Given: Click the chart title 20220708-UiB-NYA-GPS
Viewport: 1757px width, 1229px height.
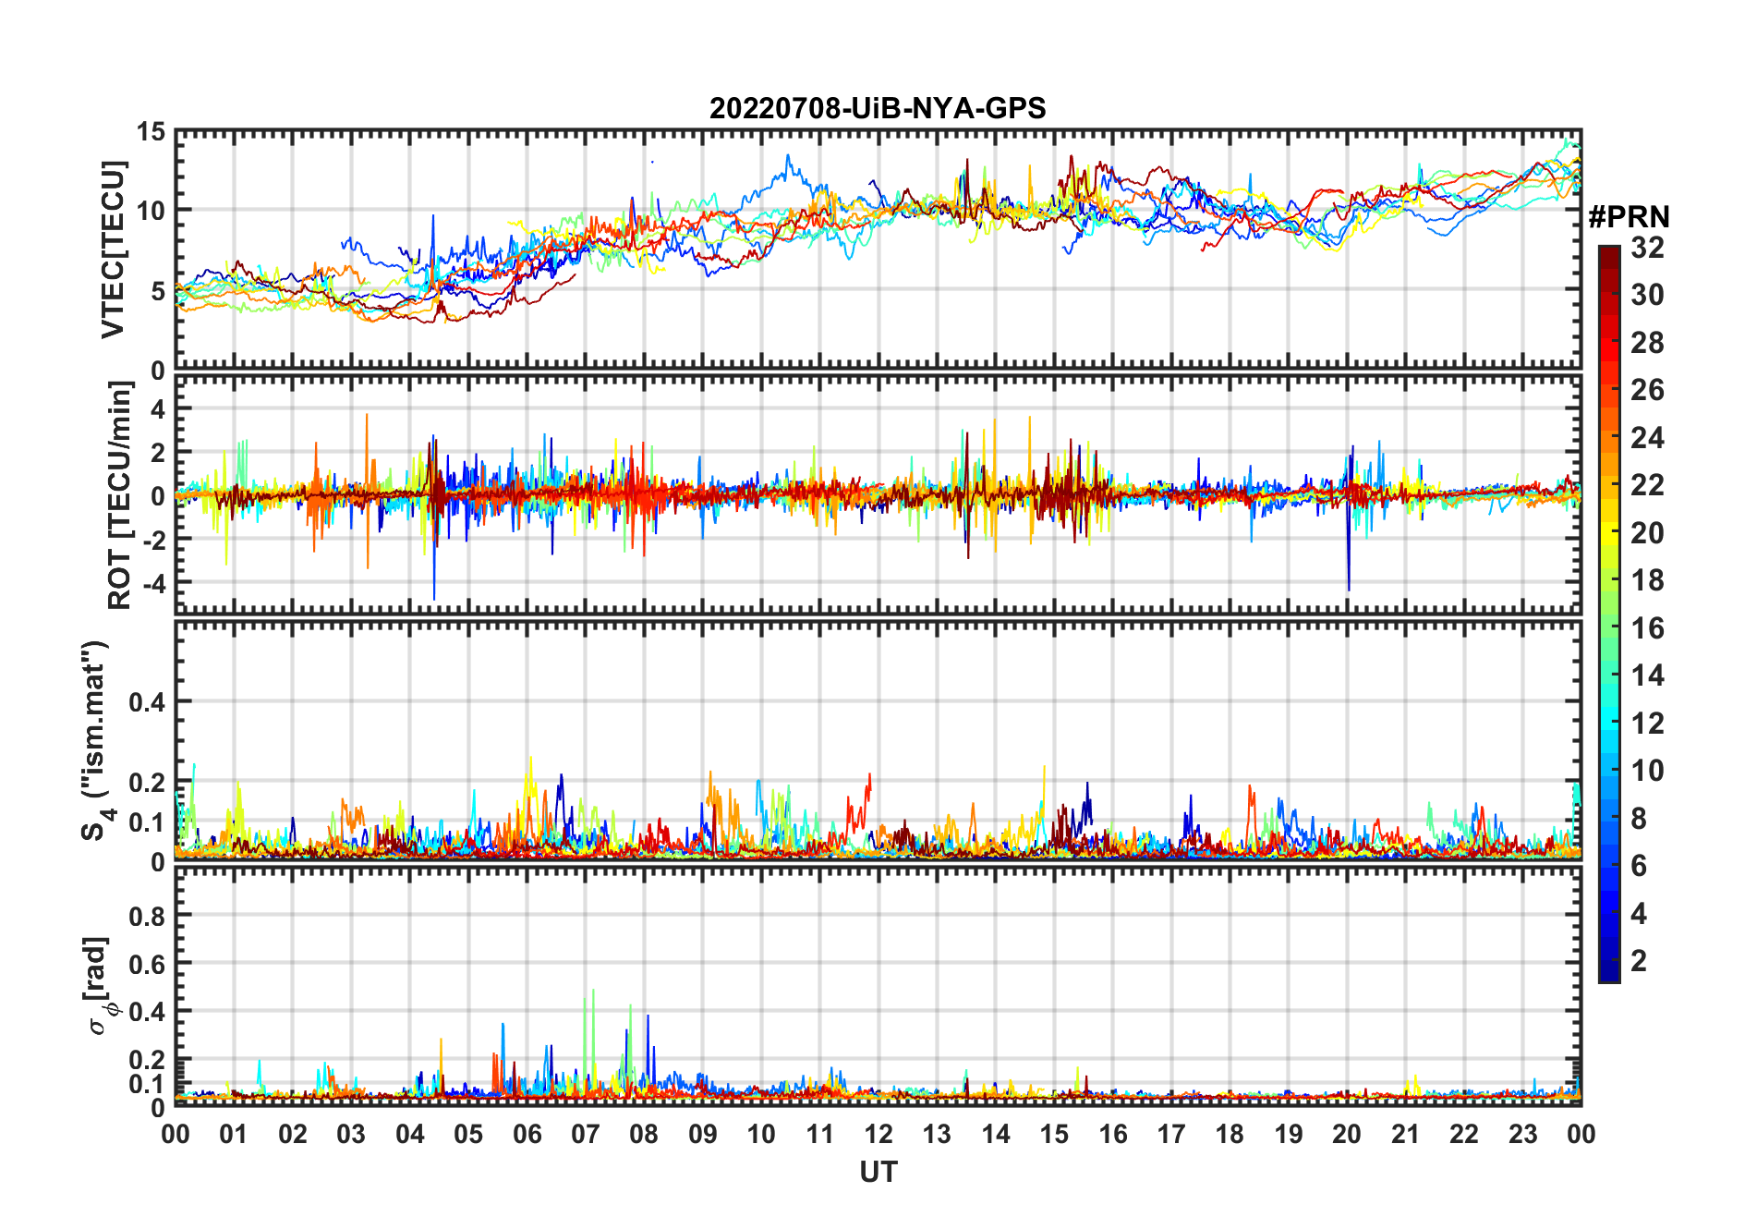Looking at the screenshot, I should (878, 109).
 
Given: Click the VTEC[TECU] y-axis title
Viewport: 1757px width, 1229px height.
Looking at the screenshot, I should (113, 249).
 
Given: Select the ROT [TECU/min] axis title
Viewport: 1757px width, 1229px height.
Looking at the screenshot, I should (120, 495).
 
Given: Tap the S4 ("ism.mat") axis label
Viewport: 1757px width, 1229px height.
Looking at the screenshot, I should (95, 741).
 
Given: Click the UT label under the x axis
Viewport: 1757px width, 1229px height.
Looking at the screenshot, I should (878, 1172).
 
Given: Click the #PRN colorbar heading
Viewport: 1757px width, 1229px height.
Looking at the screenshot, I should (1629, 217).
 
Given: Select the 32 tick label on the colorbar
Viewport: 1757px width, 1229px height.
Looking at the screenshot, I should (1647, 248).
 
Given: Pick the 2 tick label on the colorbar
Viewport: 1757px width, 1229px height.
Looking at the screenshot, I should (1639, 961).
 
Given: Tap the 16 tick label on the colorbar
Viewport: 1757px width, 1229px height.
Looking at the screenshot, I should (1647, 628).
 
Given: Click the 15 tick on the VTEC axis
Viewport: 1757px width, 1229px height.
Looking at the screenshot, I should (151, 132).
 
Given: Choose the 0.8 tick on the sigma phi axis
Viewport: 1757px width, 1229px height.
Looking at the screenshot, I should (147, 916).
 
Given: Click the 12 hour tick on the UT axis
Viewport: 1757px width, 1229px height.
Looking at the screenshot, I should (878, 1134).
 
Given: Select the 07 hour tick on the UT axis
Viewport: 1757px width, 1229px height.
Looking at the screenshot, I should (586, 1134).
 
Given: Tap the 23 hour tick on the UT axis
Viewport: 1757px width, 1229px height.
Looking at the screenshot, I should (1522, 1134).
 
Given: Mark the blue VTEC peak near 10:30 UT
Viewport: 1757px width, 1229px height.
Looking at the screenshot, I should (788, 157).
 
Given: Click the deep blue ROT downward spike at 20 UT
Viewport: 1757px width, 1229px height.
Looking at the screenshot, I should (1349, 588).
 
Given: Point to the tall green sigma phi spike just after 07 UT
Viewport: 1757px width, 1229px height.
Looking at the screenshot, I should (592, 992).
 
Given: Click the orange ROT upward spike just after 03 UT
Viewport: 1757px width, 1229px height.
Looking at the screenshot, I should (367, 416).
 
